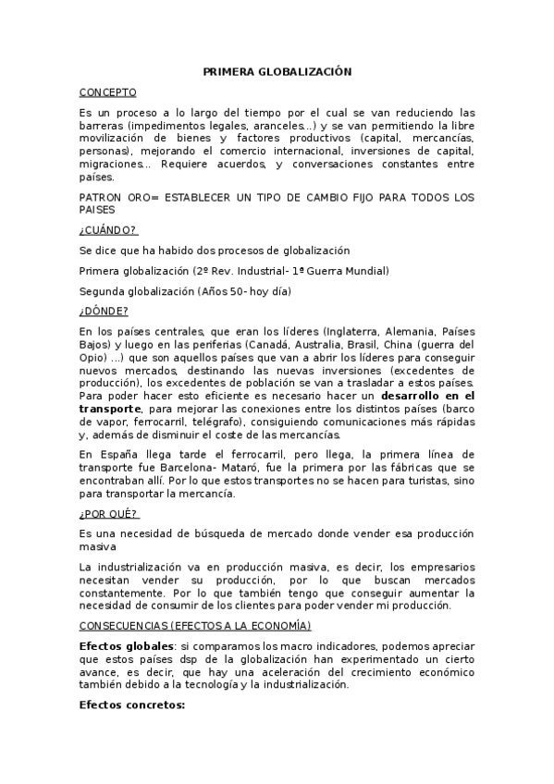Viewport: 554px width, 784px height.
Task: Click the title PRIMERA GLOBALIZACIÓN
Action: (x=277, y=70)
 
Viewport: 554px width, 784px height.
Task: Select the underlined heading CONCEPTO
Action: (x=107, y=92)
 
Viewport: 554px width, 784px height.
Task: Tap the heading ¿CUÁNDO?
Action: (x=108, y=229)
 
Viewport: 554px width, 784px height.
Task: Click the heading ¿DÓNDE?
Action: (x=104, y=311)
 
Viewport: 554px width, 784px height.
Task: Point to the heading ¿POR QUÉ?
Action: (x=108, y=513)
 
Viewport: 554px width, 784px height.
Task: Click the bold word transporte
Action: (x=110, y=408)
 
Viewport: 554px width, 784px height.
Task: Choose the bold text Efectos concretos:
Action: (x=132, y=704)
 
